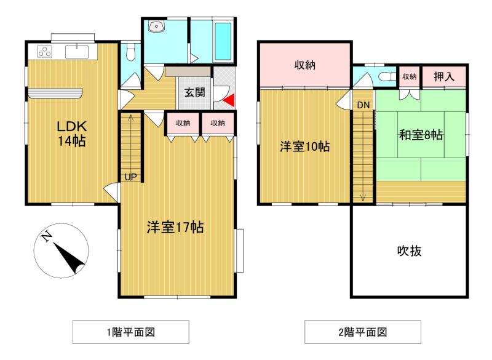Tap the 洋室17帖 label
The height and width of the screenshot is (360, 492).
pyautogui.click(x=175, y=227)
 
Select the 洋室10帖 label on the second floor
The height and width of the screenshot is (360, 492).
pyautogui.click(x=304, y=147)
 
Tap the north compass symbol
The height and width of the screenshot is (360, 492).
pyautogui.click(x=60, y=250)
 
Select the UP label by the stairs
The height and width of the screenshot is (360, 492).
pyautogui.click(x=131, y=177)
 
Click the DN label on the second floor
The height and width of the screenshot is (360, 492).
pyautogui.click(x=363, y=105)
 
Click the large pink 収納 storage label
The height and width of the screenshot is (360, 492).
pyautogui.click(x=304, y=65)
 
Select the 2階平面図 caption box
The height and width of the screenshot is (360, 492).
pyautogui.click(x=363, y=333)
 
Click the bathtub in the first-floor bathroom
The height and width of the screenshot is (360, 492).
pyautogui.click(x=222, y=41)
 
